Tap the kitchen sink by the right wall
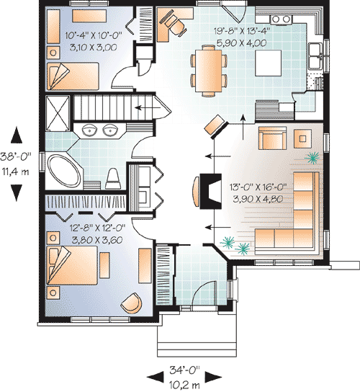(x=315, y=51)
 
